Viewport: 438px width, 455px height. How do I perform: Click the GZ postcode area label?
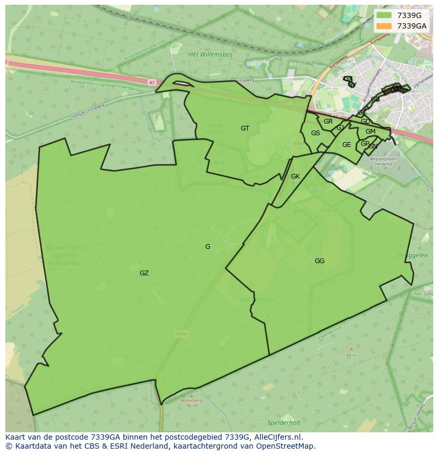144,273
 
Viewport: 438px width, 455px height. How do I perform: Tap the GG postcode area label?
320,261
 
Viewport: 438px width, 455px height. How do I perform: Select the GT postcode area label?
245,128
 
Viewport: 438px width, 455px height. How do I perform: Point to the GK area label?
295,177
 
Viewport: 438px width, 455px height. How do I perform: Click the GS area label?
315,133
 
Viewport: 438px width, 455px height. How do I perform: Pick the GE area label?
346,145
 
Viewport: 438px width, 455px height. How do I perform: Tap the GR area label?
328,122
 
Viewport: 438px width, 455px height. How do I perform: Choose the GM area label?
370,132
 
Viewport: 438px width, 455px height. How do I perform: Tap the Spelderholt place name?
284,423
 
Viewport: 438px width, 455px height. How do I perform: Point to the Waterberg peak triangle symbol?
191,395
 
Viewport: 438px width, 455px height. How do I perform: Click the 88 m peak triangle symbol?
351,349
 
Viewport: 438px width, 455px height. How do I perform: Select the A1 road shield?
152,82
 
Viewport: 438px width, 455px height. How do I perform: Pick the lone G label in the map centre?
208,247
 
